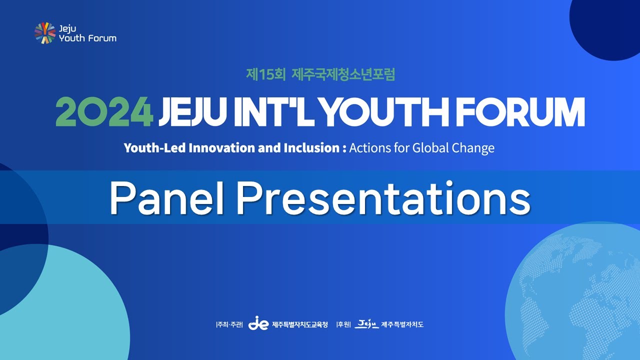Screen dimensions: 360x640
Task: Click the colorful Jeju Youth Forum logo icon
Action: [x=45, y=33]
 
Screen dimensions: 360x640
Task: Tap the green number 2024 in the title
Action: [x=104, y=112]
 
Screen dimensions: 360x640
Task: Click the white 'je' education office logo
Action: [x=258, y=324]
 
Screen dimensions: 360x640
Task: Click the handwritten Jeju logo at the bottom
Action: [x=366, y=324]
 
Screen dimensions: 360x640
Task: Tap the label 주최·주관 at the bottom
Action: [x=229, y=325]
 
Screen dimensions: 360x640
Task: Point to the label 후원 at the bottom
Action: [x=343, y=325]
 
